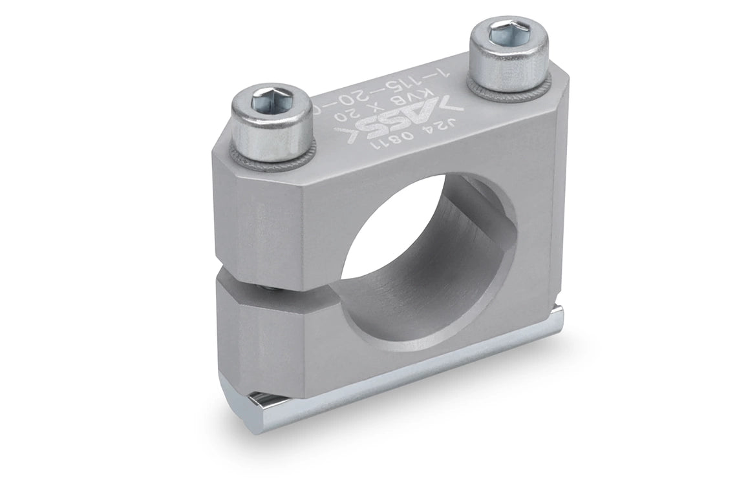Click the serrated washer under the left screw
point(272,160)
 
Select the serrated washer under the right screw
point(511,92)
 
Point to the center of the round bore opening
point(427,258)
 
